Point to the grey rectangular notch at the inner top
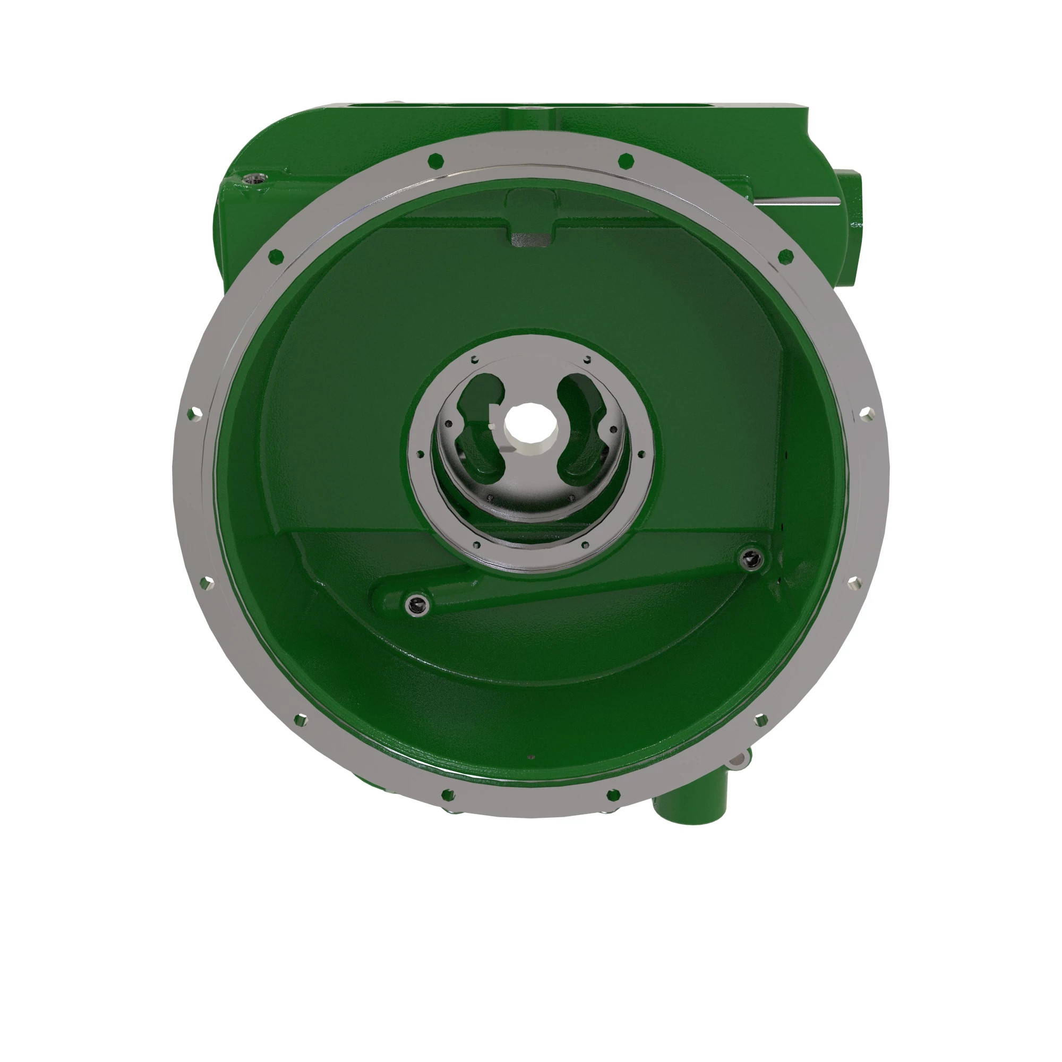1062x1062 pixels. (x=530, y=239)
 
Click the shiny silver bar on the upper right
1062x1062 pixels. (x=797, y=203)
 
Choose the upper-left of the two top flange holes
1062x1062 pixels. (x=435, y=160)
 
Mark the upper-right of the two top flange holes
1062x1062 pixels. (x=626, y=160)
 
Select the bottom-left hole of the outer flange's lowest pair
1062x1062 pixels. (x=449, y=795)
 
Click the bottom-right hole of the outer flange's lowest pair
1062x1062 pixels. (x=613, y=795)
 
